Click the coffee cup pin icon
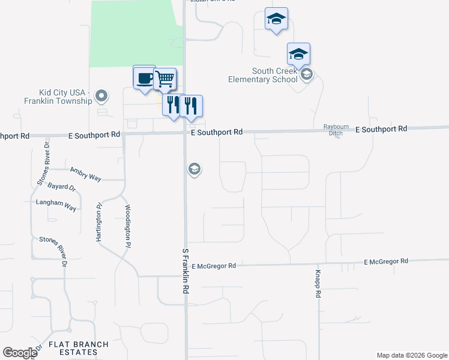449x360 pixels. click(x=144, y=78)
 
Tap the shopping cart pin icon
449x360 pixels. click(x=164, y=78)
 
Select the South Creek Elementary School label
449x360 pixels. click(x=262, y=75)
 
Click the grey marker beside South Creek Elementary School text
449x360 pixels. click(x=307, y=74)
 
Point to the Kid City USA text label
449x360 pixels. click(x=58, y=97)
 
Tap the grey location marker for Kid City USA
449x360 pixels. click(x=101, y=95)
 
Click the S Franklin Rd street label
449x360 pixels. click(x=185, y=271)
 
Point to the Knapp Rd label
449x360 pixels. click(x=319, y=284)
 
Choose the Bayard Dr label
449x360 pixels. click(x=62, y=188)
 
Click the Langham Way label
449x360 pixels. click(x=56, y=203)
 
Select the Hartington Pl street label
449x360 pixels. click(x=99, y=222)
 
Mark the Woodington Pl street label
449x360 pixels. click(x=127, y=226)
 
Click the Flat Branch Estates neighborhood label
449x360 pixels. click(x=79, y=348)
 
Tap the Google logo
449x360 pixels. click(x=20, y=353)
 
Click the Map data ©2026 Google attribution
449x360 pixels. click(x=412, y=355)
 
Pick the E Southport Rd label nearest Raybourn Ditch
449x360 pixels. click(x=381, y=129)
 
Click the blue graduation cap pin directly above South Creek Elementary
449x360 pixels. click(x=298, y=55)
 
